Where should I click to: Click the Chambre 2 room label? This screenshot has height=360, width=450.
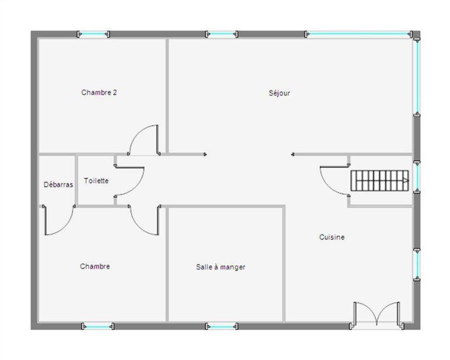(x=99, y=92)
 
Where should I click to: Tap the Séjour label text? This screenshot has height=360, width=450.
(x=279, y=93)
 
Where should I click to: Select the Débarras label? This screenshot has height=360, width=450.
(x=58, y=184)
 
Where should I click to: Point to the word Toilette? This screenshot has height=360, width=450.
(x=96, y=181)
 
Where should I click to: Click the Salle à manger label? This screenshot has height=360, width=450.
(x=220, y=267)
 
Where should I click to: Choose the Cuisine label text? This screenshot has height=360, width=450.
(x=332, y=237)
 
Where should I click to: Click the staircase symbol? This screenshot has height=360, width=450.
(x=379, y=180)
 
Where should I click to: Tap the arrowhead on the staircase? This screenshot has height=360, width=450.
(x=405, y=181)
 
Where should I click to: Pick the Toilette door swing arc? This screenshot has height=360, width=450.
(x=131, y=181)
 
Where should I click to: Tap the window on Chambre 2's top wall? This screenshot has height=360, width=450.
(x=93, y=34)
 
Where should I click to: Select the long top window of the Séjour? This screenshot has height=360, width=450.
(x=358, y=34)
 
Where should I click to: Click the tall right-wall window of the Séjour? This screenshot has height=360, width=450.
(x=416, y=76)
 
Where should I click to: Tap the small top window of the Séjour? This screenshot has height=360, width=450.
(x=221, y=34)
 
